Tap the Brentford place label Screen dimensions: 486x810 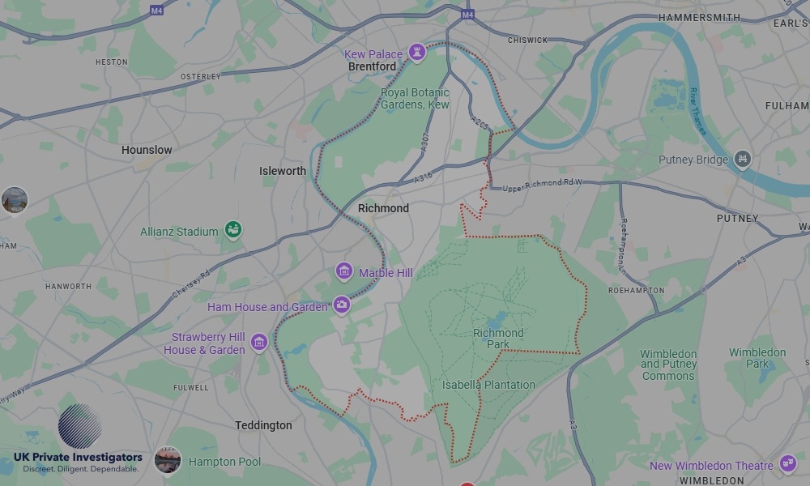(372, 66)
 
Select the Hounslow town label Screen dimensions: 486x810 (147, 150)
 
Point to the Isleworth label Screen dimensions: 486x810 (283, 171)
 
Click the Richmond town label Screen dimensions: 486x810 (383, 208)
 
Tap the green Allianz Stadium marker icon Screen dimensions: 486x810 (233, 230)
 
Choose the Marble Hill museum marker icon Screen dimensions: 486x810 (344, 271)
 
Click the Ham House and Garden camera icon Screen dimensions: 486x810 (342, 305)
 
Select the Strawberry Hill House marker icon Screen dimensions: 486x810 (258, 343)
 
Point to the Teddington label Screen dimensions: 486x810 (263, 425)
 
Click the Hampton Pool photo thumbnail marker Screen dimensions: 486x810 (168, 460)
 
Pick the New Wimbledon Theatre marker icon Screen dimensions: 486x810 (787, 463)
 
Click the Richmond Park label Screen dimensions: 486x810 (498, 339)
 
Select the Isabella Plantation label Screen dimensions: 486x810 (488, 385)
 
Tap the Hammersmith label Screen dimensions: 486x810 (699, 17)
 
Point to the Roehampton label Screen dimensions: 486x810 (636, 290)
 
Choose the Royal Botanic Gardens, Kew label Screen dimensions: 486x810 (415, 99)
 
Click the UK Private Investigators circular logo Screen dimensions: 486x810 (79, 426)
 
